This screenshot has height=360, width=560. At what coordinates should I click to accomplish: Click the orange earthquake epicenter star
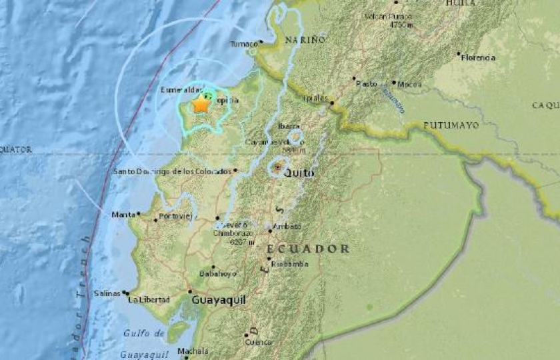pyautogui.click(x=201, y=105)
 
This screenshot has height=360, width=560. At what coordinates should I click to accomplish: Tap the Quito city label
pyautogui.click(x=298, y=173)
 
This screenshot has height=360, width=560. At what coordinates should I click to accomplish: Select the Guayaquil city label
pyautogui.click(x=219, y=301)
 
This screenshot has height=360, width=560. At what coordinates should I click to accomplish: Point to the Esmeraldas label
pyautogui.click(x=181, y=89)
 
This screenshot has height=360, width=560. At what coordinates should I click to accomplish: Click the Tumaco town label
pyautogui.click(x=243, y=44)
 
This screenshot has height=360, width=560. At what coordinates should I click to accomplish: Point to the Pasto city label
pyautogui.click(x=367, y=84)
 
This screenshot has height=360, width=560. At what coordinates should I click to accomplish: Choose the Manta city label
pyautogui.click(x=123, y=215)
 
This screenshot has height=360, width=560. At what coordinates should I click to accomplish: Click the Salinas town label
pyautogui.click(x=108, y=293)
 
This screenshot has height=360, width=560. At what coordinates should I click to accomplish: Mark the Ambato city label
pyautogui.click(x=287, y=227)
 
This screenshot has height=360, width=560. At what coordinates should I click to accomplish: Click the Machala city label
pyautogui.click(x=193, y=351)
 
